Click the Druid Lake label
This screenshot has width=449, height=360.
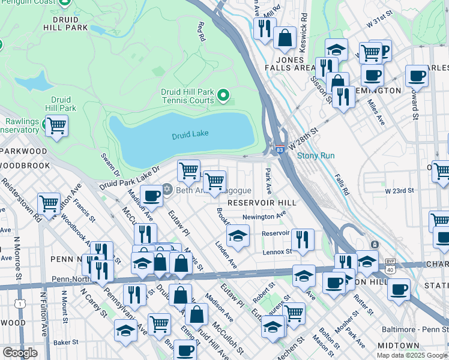click(x=190, y=134)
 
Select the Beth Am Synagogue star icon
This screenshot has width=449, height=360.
click(x=167, y=190)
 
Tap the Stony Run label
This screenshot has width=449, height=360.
click(x=316, y=155)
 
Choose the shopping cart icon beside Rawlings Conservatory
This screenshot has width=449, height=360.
click(x=56, y=126)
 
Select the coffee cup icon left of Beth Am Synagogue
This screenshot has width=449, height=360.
click(x=152, y=195)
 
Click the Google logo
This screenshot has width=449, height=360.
click(x=20, y=352)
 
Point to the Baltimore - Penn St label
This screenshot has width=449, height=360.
click(x=415, y=329)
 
